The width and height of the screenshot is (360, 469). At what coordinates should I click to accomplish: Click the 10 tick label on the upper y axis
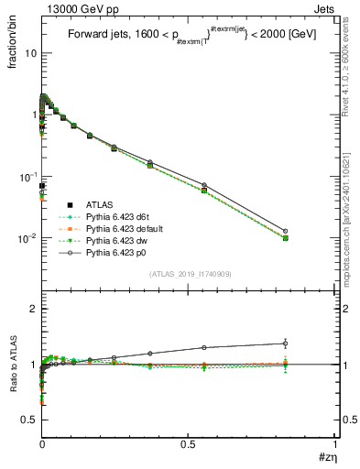(x=29, y=53)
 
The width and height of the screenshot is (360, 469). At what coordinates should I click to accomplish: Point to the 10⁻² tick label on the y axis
(x=27, y=238)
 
